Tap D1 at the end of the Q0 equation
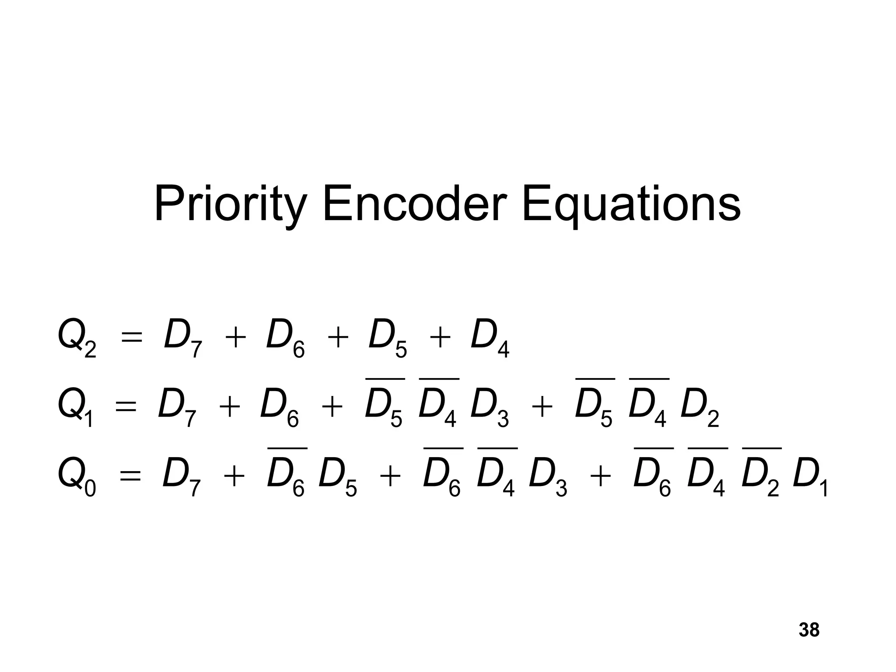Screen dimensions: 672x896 [810, 477]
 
